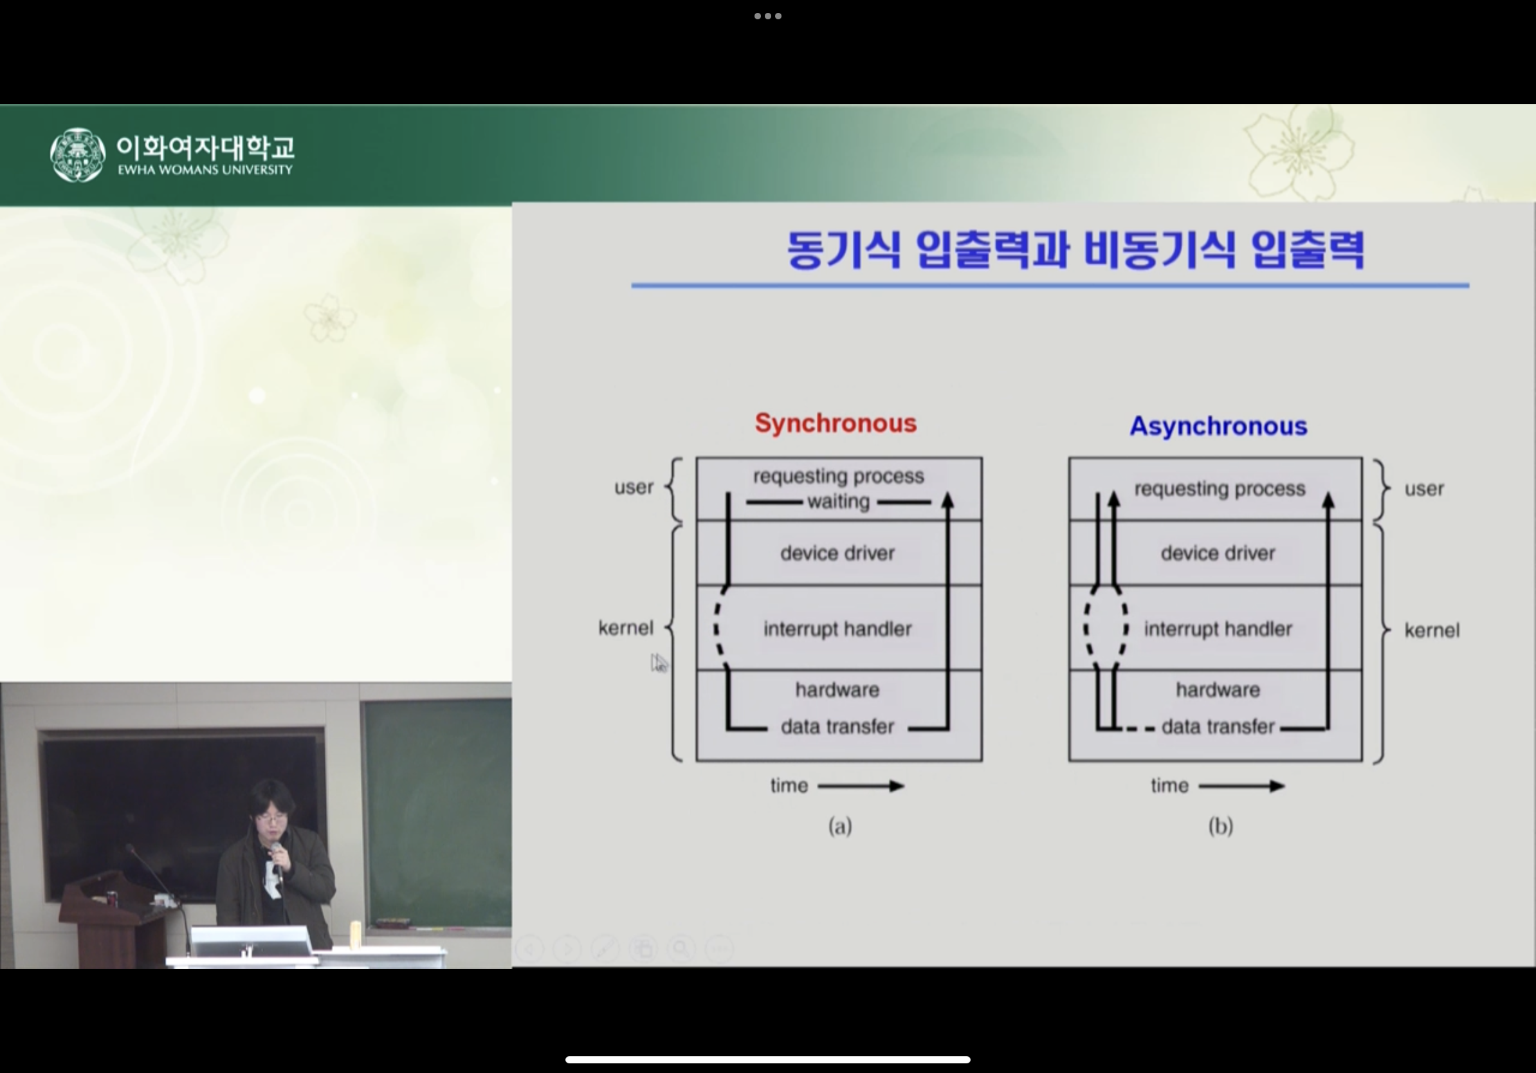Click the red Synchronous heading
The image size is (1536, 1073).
coord(836,423)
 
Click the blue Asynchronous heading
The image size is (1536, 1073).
coord(1218,426)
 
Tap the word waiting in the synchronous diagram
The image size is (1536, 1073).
coord(838,501)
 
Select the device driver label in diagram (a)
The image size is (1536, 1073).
coord(837,553)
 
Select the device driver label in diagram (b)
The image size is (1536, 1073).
coord(1218,553)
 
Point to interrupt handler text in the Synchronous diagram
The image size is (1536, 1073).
coord(837,629)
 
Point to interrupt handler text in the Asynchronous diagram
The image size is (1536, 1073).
coord(1218,629)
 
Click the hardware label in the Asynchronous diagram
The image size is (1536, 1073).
coord(1218,690)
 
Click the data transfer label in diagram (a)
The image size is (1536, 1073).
coord(837,726)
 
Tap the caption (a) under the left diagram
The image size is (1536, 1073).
coord(840,826)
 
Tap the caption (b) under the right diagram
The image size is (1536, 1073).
coord(1221,826)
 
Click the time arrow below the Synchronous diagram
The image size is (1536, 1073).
coord(861,786)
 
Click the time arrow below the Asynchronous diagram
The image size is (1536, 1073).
coord(1241,786)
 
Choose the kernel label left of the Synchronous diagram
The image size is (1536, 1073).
coord(625,628)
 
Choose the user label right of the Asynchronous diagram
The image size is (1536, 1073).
coord(1424,489)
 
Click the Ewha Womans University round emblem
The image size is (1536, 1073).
coord(78,155)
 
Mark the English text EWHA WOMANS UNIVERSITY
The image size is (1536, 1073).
coord(205,170)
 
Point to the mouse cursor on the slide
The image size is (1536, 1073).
coord(659,663)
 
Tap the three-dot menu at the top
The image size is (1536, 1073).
coord(768,16)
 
